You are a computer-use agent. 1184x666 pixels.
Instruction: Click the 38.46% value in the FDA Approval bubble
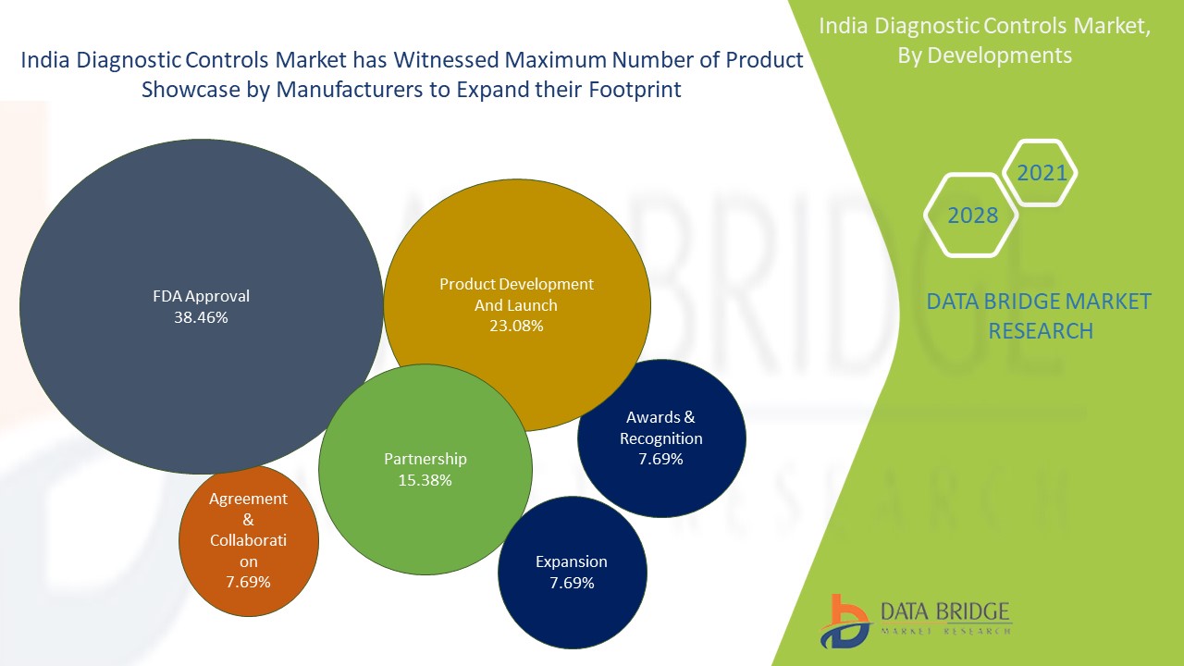coord(201,317)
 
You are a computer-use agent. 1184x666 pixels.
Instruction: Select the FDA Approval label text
coord(201,297)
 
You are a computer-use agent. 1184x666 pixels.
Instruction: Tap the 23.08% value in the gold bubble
coord(516,326)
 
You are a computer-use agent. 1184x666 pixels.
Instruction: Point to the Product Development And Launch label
coord(516,294)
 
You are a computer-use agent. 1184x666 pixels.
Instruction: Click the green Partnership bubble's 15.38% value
coord(425,480)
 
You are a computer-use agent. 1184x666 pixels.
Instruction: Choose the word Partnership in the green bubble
coord(425,459)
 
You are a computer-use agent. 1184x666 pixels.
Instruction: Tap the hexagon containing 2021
coord(1042,173)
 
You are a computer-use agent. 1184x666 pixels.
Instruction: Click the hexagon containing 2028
coord(972,216)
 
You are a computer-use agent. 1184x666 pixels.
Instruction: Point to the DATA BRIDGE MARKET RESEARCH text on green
coord(1040,315)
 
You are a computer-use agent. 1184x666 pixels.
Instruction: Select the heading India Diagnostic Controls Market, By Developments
coord(985,41)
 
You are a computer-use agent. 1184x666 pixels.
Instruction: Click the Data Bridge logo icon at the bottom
coord(844,621)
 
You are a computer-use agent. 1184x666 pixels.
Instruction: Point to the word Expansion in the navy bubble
coord(572,561)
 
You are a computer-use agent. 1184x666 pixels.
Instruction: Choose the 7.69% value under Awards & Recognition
coord(660,459)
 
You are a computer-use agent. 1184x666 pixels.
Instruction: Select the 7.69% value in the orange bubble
coord(248,582)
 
